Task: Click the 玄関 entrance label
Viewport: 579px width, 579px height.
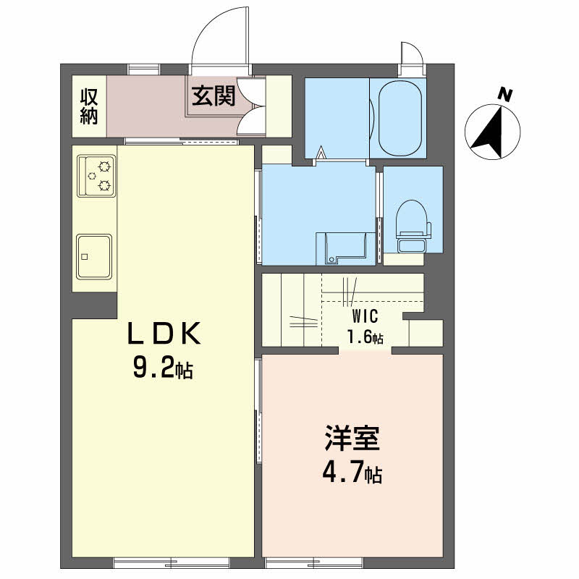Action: tap(214, 96)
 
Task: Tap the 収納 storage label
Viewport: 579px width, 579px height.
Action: tap(89, 106)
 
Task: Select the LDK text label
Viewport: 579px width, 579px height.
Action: tap(164, 334)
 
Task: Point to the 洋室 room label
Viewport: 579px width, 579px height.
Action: tap(352, 439)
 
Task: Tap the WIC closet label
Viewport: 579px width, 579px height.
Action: tap(365, 316)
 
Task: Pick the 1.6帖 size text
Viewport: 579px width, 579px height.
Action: tap(365, 337)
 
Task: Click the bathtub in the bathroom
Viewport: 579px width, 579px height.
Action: tap(400, 118)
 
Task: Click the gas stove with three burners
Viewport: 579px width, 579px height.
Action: tap(96, 176)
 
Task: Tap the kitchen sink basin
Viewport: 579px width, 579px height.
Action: tap(94, 257)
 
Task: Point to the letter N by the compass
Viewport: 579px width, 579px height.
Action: tap(505, 95)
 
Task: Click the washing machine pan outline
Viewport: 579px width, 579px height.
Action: tap(346, 248)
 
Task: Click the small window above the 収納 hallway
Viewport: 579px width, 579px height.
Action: tap(144, 69)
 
